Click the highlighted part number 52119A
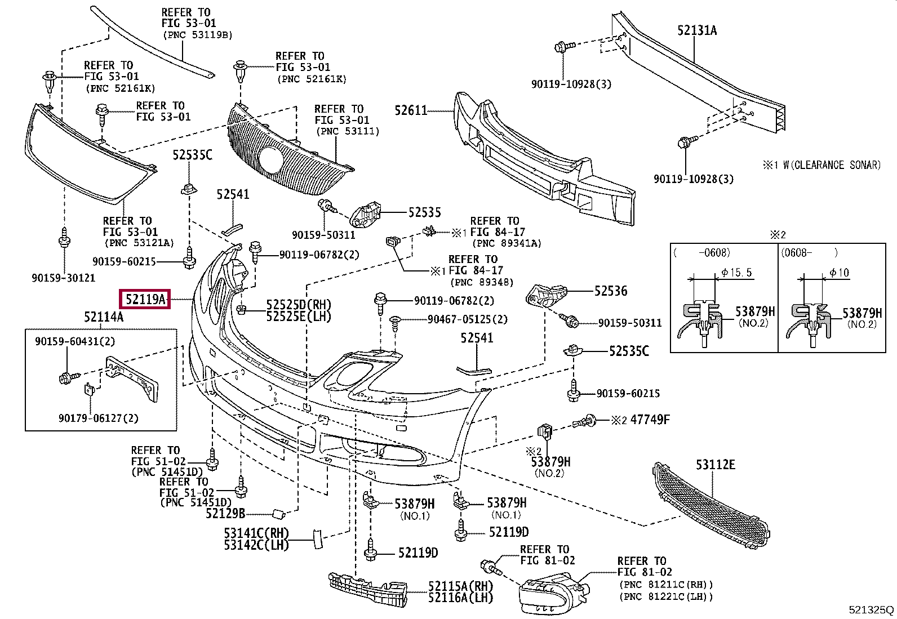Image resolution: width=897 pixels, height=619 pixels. pyautogui.click(x=146, y=300)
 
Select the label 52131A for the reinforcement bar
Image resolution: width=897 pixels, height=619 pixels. pyautogui.click(x=697, y=30)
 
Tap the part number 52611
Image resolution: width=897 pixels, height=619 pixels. pyautogui.click(x=411, y=110)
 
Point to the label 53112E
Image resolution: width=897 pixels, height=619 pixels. pyautogui.click(x=715, y=465)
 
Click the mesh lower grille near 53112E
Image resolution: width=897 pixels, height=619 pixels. pyautogui.click(x=710, y=504)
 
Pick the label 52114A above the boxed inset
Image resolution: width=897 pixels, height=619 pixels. pyautogui.click(x=104, y=317)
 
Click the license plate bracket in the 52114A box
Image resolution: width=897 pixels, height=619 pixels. pyautogui.click(x=132, y=378)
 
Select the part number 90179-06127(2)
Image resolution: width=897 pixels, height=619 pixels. pyautogui.click(x=98, y=418)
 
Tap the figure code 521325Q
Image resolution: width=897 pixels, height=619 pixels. pyautogui.click(x=871, y=609)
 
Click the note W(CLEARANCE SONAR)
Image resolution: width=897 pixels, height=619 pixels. pyautogui.click(x=831, y=165)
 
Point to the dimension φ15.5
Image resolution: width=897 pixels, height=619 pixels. pyautogui.click(x=736, y=273)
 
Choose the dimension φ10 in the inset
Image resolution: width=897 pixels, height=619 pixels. pyautogui.click(x=839, y=273)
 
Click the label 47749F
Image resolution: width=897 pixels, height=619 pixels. pyautogui.click(x=650, y=420)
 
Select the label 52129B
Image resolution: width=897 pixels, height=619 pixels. pyautogui.click(x=225, y=513)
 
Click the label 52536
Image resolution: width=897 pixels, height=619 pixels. pyautogui.click(x=611, y=291)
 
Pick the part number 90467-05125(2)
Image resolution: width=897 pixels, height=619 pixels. pyautogui.click(x=467, y=319)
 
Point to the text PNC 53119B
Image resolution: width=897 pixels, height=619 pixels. pyautogui.click(x=198, y=35)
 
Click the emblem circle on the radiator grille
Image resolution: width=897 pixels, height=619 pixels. pyautogui.click(x=271, y=159)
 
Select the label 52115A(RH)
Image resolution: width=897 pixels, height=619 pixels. pyautogui.click(x=460, y=586)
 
